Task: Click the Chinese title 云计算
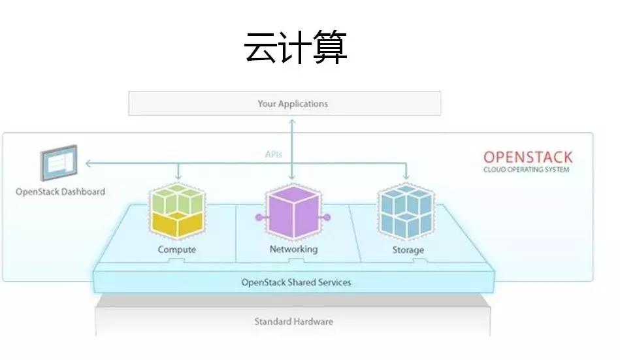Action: coord(295,47)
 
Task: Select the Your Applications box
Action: coord(284,103)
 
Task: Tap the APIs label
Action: coord(274,155)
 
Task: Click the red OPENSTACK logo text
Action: coord(527,157)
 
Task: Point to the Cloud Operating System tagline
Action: coord(526,170)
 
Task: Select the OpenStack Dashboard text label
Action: coord(60,192)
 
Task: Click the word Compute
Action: coord(176,250)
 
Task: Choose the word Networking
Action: coord(293,249)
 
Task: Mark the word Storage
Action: coord(408,250)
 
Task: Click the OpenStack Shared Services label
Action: coord(296,282)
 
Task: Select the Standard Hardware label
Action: coord(293,321)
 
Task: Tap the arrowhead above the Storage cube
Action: coord(406,177)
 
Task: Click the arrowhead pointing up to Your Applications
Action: coord(292,121)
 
